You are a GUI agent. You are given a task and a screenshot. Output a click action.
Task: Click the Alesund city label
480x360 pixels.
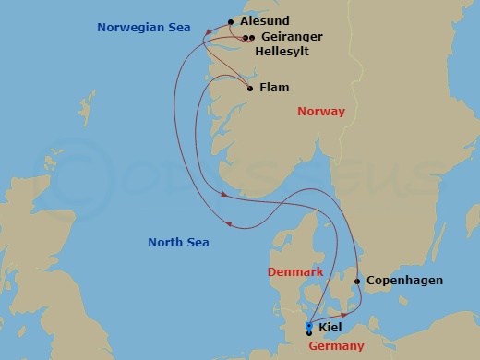pyautogui.click(x=264, y=20)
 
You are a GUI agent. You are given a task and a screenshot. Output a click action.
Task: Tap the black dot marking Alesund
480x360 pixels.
pyautogui.click(x=231, y=20)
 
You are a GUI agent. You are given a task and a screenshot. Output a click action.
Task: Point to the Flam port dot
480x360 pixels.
pyautogui.click(x=251, y=89)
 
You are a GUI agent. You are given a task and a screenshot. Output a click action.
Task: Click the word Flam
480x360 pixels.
pyautogui.click(x=276, y=89)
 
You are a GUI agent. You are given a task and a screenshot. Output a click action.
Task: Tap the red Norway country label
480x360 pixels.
pyautogui.click(x=321, y=112)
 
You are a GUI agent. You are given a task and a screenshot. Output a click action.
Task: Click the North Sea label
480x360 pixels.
pyautogui.click(x=178, y=243)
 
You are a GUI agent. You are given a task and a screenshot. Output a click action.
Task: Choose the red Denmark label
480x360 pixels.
pyautogui.click(x=295, y=272)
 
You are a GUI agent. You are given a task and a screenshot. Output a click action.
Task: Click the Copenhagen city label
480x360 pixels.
pyautogui.click(x=404, y=281)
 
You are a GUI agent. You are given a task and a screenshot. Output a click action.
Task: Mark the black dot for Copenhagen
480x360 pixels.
pyautogui.click(x=357, y=282)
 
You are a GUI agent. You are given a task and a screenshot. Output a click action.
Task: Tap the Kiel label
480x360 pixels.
pyautogui.click(x=330, y=328)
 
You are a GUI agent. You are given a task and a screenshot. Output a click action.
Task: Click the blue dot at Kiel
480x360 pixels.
pyautogui.click(x=308, y=326)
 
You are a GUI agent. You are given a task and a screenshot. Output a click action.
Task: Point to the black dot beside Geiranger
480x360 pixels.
pyautogui.click(x=251, y=38)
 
